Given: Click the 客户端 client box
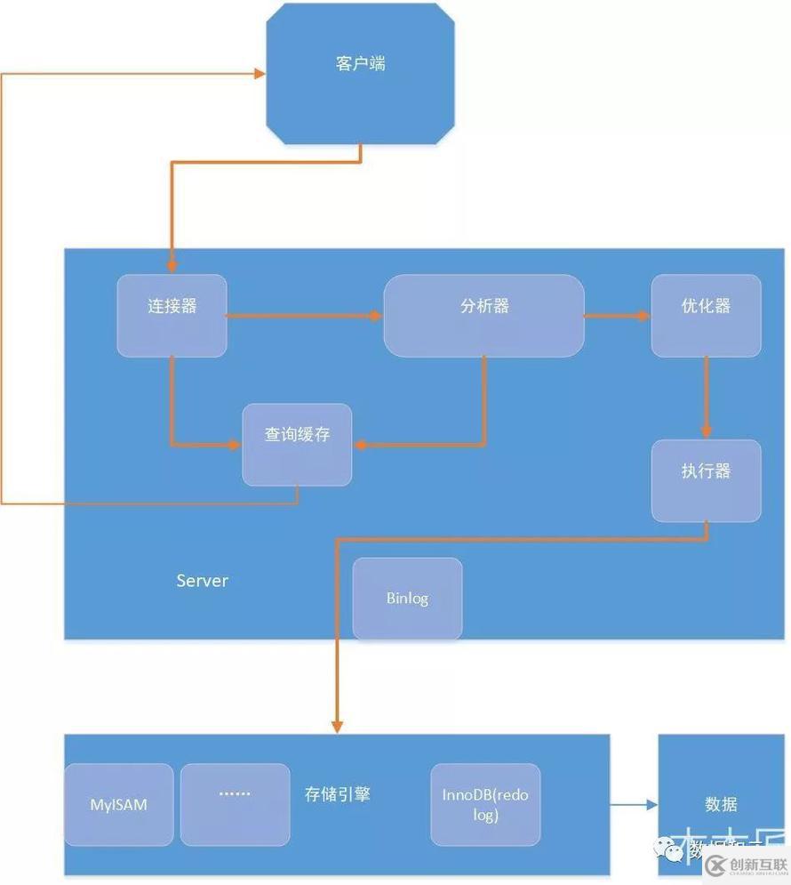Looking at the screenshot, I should [361, 73].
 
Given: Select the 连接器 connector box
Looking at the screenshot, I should [172, 316].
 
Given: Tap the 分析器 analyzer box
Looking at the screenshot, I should [483, 316].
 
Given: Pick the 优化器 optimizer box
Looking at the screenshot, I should [706, 316].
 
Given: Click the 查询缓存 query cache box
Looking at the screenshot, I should [297, 445].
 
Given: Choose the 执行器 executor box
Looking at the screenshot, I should [706, 480].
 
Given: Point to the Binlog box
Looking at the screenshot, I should [407, 599].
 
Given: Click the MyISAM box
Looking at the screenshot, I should [119, 804].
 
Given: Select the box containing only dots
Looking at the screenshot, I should [235, 804].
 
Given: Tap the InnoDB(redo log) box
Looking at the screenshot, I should [485, 804].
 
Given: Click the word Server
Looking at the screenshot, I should [202, 581].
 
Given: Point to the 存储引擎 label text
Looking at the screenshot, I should [338, 793].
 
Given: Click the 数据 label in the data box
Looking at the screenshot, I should [721, 804].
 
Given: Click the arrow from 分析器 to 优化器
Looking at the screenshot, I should [617, 316].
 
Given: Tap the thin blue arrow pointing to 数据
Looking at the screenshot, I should [634, 806].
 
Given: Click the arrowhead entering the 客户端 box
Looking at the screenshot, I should [260, 74].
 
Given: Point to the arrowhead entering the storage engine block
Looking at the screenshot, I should [337, 725].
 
